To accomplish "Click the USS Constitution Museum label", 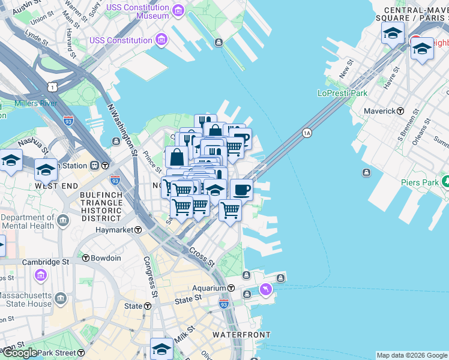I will click(137, 11).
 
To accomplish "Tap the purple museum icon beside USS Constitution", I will click(161, 40).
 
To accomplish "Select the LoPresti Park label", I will click(342, 93).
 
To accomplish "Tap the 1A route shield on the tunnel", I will click(307, 132).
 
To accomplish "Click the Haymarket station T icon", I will click(138, 230).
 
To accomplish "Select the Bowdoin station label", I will click(106, 258).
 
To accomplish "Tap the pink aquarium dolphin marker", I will click(265, 290).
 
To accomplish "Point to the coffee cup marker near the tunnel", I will click(242, 190).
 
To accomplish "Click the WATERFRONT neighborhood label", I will click(242, 335).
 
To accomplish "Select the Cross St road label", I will click(202, 257).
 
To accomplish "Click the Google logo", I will click(20, 353).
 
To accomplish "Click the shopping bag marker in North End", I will click(178, 158).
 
